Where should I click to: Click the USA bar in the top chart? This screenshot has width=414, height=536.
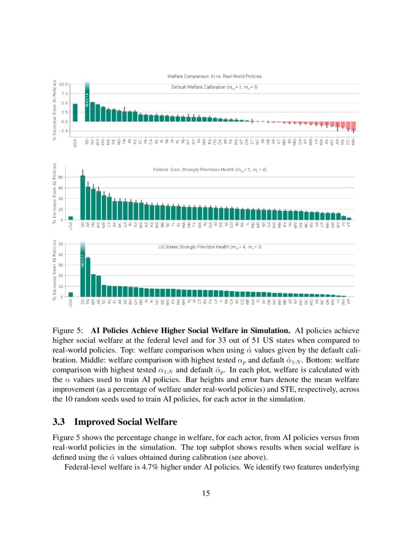[75, 113]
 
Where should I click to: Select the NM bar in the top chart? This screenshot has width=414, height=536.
[354, 126]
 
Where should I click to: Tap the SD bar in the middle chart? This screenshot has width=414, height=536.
[82, 197]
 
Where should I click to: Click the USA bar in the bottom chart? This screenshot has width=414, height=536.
[71, 294]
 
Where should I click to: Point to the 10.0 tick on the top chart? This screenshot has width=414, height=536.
[63, 84]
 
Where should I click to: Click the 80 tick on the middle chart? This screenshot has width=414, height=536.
[62, 177]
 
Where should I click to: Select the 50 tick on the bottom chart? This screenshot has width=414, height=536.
[62, 243]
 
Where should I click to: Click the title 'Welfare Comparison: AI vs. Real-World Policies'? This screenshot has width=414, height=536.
[214, 77]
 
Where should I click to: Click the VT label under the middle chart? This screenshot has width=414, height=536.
[349, 226]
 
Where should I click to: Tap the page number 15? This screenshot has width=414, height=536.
[207, 494]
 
